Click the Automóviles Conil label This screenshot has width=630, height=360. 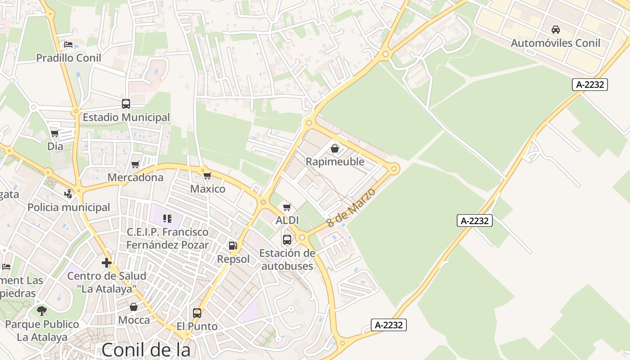555,43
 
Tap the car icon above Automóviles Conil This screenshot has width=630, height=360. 556,30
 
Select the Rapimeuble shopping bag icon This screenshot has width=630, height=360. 335,148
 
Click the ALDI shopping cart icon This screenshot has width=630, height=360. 287,207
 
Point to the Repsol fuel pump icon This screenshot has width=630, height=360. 233,246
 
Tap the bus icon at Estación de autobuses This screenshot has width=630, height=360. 287,239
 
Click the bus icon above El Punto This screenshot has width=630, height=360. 197,313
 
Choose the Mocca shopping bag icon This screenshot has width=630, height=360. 134,307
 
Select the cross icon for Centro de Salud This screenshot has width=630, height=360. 107,263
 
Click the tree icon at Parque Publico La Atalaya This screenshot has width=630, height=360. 42,310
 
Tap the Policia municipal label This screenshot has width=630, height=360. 69,207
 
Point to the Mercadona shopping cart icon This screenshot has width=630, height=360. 135,165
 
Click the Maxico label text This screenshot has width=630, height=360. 208,189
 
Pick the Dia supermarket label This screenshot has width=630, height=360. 55,146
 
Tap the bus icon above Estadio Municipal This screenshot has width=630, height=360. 126,104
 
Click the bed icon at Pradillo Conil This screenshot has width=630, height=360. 68,45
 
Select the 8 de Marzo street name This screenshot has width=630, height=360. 351,207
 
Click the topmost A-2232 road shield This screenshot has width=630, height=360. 590,84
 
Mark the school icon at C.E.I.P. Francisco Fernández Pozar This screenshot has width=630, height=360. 167,219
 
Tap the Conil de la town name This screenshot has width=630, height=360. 146,350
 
